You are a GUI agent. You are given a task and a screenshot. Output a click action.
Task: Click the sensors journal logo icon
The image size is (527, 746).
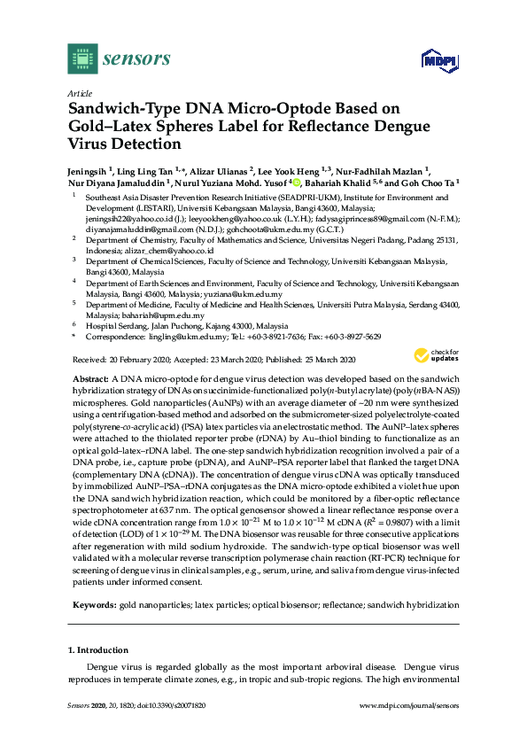tap(81, 58)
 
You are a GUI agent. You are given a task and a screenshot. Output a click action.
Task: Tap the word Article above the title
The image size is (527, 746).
tap(79, 93)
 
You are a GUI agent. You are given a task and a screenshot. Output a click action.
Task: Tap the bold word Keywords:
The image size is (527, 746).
tap(93, 603)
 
